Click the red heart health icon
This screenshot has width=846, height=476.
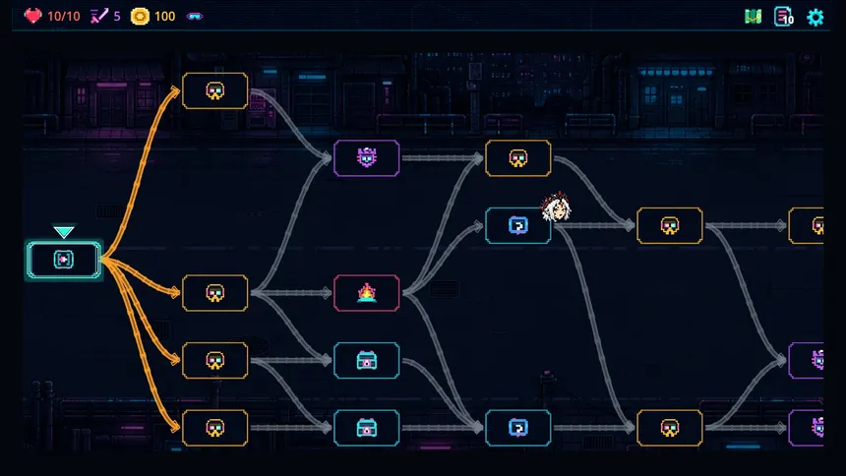pos(32,16)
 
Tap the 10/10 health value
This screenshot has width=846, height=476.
pos(64,17)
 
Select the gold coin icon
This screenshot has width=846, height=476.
pos(140,16)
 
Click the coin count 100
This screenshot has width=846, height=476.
pos(164,17)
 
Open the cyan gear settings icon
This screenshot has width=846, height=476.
pos(816,18)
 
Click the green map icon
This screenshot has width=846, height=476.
pos(754,17)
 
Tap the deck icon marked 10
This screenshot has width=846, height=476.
pos(783,17)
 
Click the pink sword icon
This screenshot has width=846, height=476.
pos(98,16)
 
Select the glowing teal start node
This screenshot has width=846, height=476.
pos(64,260)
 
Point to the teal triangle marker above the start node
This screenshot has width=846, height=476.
pos(64,232)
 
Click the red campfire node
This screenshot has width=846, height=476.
pos(366,293)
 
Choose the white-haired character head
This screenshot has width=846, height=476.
pos(556,208)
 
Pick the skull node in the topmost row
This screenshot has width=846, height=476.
pos(215,90)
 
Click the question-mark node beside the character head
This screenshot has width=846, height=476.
pos(518,225)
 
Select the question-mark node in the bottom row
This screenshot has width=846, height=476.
pos(518,428)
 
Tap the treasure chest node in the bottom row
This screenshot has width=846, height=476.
pos(366,428)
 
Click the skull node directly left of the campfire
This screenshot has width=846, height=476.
pos(215,293)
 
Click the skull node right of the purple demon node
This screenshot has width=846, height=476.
pos(518,158)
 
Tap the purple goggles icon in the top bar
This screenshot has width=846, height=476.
pos(194,17)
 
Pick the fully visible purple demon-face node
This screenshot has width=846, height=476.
pos(366,158)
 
